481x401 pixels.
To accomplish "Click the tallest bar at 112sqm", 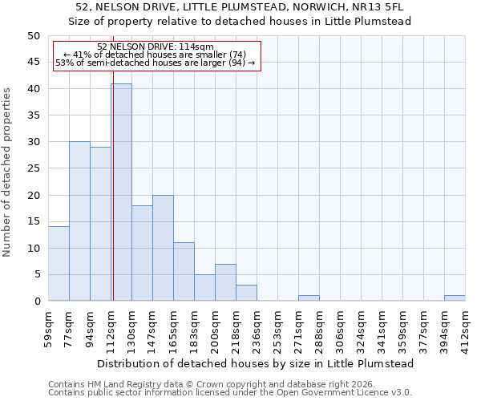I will [x=121, y=192].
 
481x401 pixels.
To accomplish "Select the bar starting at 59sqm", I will [x=59, y=264].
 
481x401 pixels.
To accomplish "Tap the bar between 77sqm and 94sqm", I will [x=79, y=221].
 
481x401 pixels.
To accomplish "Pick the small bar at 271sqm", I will [x=309, y=298].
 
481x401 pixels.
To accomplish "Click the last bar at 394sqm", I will [x=455, y=298].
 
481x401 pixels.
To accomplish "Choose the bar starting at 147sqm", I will [x=163, y=248].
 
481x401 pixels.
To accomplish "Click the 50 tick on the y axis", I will [x=33, y=36].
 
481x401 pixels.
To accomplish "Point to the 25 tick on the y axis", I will [x=33, y=168].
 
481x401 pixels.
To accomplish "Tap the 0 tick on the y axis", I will [x=36, y=302].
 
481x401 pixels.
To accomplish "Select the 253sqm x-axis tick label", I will [x=278, y=329].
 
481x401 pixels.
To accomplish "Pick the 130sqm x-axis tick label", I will [x=132, y=329].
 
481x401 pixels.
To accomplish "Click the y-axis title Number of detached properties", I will [x=8, y=168].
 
